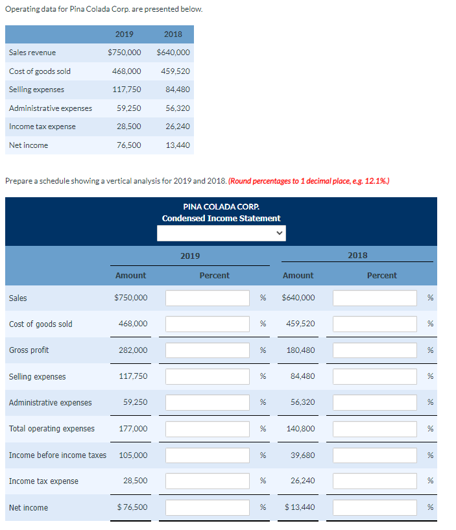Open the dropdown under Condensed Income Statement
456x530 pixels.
click(221, 233)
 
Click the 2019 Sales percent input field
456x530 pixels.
click(208, 298)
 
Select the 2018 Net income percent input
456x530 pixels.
click(375, 507)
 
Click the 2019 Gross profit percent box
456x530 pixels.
click(208, 350)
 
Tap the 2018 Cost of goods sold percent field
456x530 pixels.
click(375, 324)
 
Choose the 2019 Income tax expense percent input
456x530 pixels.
click(208, 481)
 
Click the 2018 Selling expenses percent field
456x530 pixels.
click(375, 376)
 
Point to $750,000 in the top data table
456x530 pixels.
click(125, 53)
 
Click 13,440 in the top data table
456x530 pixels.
click(178, 145)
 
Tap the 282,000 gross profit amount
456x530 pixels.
click(133, 350)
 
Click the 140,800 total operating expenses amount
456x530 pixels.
click(300, 429)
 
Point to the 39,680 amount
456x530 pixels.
click(302, 455)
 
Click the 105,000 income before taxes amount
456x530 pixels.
click(133, 455)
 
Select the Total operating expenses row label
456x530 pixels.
click(52, 429)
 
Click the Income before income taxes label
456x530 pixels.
click(58, 455)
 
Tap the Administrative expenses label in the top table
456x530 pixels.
click(51, 108)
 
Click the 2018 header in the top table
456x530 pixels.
click(173, 34)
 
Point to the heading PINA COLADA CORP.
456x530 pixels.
click(221, 206)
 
